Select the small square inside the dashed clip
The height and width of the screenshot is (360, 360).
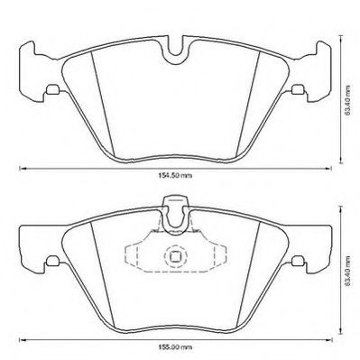[175, 258]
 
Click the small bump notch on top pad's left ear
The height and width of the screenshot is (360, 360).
[54, 89]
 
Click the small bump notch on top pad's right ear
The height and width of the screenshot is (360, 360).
[300, 89]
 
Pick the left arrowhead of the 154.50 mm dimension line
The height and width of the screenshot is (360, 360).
[25, 170]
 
